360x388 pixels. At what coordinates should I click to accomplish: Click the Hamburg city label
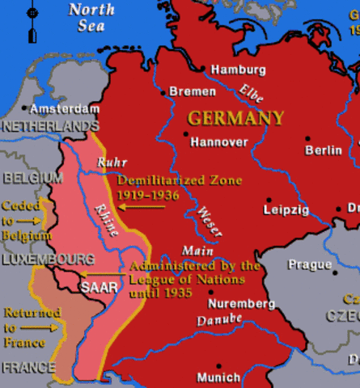click(x=238, y=70)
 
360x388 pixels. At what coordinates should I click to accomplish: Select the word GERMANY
click(x=235, y=118)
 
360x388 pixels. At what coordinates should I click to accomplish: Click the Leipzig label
click(x=286, y=210)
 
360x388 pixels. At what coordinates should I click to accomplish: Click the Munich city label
click(x=218, y=377)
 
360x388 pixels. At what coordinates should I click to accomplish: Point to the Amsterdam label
click(x=66, y=108)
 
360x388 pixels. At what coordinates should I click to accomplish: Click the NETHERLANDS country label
click(x=50, y=127)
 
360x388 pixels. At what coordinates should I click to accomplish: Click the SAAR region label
click(x=98, y=286)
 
